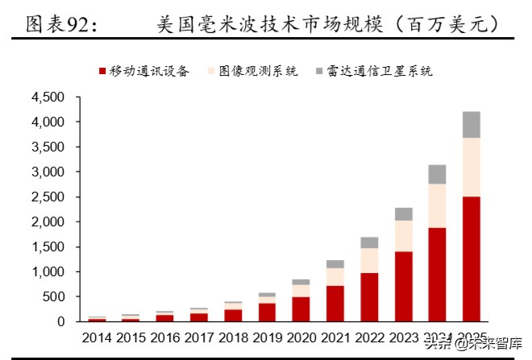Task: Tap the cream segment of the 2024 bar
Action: click(436, 205)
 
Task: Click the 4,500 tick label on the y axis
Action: click(47, 97)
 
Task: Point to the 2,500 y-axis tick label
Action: click(47, 197)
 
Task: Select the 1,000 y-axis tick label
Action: click(47, 272)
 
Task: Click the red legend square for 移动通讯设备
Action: click(102, 72)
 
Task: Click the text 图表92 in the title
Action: click(60, 25)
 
